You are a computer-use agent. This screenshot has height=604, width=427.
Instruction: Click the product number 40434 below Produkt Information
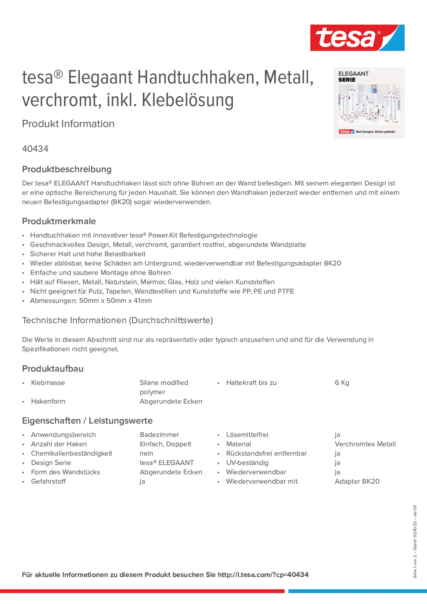coord(35,149)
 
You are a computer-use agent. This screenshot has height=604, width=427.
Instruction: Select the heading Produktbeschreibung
coord(67,169)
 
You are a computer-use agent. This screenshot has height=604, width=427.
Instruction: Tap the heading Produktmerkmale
coord(59,221)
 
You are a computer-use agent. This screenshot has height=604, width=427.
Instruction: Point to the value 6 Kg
coord(342,383)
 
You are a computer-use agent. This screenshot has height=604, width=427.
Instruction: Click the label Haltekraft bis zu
coord(251,383)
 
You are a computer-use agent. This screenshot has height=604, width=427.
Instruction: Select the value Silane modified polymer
coord(164,387)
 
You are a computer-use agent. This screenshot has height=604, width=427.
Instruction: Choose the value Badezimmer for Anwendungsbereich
coord(159,435)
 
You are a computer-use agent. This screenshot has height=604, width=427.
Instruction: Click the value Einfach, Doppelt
coord(165,444)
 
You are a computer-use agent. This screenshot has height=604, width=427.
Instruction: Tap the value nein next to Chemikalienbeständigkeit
coord(146,453)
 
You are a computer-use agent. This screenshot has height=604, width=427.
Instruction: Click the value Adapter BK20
coord(357,481)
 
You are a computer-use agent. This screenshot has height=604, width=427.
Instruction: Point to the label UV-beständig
coord(247,463)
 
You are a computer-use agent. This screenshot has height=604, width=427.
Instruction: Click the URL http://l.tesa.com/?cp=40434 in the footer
coord(263,575)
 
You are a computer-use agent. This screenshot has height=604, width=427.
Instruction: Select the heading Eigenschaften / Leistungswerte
coord(87,421)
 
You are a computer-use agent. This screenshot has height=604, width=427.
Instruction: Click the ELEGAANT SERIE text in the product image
coord(353,77)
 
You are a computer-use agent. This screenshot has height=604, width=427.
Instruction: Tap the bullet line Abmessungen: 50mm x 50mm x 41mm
coord(91,301)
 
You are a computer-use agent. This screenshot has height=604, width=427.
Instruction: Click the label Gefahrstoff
coord(48,481)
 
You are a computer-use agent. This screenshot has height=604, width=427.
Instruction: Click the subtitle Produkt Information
coord(68,124)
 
